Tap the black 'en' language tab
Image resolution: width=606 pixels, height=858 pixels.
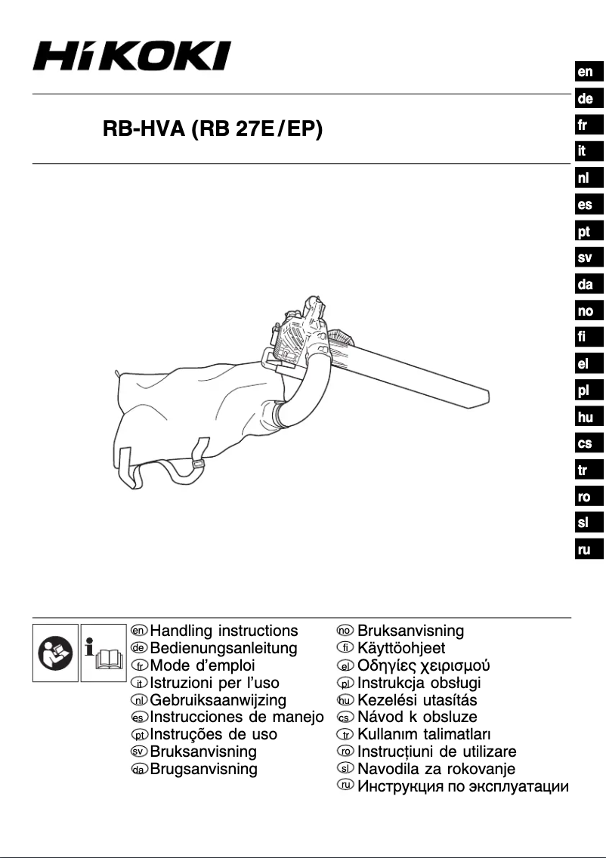[x=586, y=73]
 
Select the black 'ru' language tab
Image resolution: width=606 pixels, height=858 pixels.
[x=586, y=550]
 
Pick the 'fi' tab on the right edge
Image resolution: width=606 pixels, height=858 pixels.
[x=586, y=338]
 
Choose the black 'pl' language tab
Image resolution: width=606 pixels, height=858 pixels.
[x=586, y=390]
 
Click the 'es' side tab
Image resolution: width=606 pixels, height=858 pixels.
[x=586, y=205]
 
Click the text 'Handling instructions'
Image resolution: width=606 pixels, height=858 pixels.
[x=224, y=631]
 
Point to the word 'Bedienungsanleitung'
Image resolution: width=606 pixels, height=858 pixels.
[x=224, y=648]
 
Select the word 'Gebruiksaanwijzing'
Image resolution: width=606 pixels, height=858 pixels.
[x=218, y=700]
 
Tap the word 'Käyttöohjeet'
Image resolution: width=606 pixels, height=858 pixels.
[x=401, y=648]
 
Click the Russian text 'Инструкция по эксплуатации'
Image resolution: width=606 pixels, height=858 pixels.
[x=463, y=787]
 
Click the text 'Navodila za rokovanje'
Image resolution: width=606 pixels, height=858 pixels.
[x=436, y=769]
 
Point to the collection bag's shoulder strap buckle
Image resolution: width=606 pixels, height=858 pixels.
[x=198, y=464]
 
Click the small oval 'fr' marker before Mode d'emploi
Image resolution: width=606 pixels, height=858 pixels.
[x=139, y=666]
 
